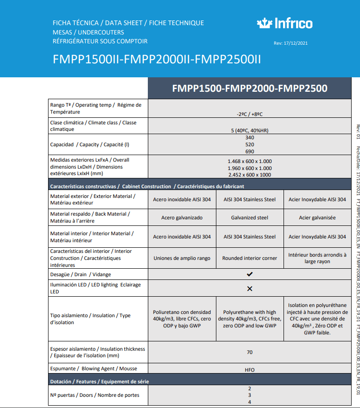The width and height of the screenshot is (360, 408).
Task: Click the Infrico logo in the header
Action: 284,23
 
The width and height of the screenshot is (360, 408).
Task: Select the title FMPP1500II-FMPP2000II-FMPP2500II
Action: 157,60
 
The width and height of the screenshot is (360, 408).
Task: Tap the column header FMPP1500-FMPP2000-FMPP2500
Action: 249,88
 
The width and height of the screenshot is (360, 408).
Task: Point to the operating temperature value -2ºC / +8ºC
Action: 249,114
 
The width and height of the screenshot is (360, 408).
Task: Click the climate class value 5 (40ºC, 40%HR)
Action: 249,130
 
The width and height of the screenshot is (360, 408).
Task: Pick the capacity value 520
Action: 249,145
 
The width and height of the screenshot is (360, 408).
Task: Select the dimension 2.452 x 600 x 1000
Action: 249,175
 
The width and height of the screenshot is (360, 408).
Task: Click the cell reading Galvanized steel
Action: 249,218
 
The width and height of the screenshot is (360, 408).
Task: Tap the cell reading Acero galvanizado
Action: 182,218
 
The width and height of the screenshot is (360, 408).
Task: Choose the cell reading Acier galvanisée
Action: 317,218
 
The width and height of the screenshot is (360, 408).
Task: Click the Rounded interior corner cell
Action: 249,258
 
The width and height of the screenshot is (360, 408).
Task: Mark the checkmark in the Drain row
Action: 249,274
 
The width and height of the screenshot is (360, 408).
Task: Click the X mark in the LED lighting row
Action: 249,289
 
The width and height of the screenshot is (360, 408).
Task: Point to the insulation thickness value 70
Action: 249,352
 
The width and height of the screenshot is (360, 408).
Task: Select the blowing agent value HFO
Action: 249,369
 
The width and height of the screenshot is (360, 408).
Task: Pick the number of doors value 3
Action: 249,395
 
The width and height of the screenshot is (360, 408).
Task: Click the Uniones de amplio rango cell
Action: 182,258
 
